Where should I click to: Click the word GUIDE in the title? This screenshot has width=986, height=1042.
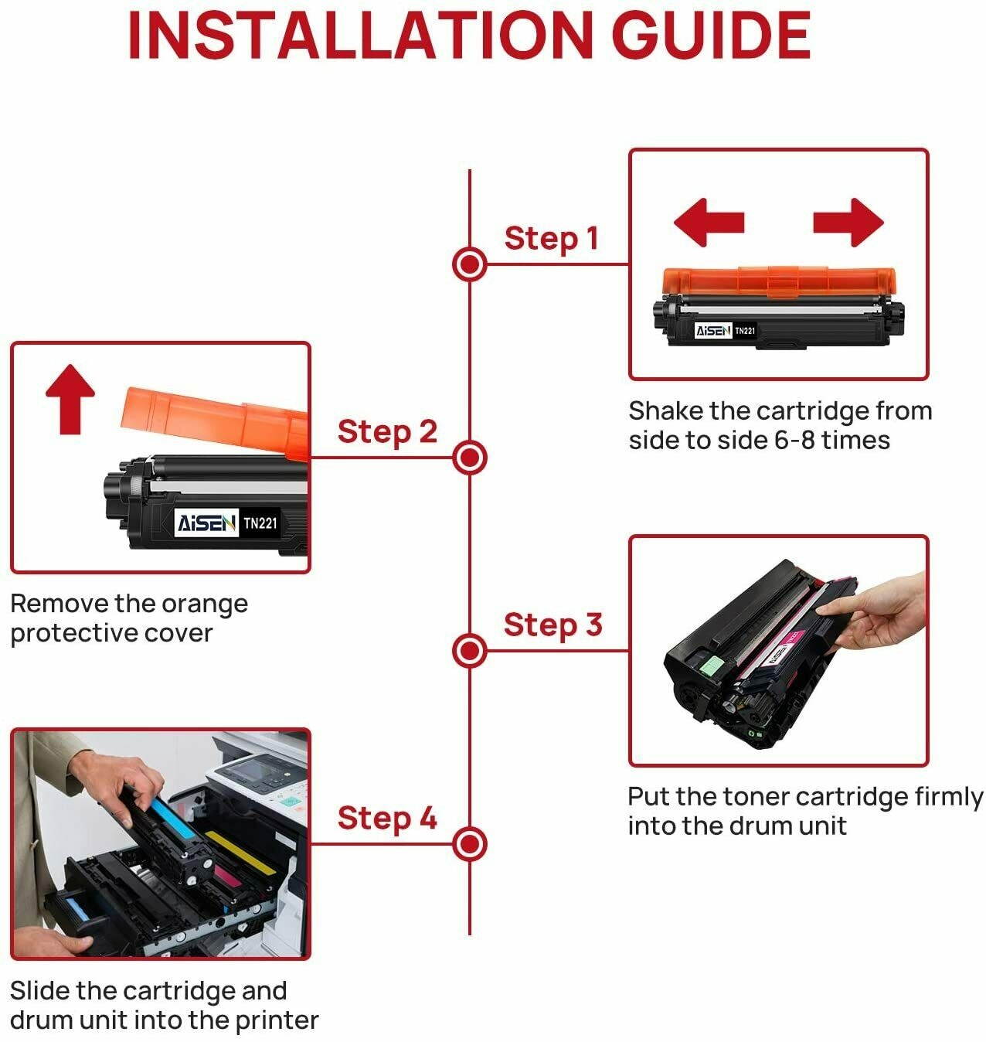(711, 35)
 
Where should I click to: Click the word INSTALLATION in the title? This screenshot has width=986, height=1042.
(360, 35)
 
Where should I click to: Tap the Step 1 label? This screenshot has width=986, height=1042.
(551, 238)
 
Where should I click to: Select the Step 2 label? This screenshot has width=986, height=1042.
(387, 431)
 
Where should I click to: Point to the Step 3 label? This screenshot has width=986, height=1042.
(552, 625)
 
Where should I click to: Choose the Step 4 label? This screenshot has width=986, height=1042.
(387, 818)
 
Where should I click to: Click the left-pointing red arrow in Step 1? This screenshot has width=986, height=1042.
(708, 223)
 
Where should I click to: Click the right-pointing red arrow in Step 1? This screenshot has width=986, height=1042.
(848, 223)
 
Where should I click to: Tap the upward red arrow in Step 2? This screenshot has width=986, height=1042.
(70, 398)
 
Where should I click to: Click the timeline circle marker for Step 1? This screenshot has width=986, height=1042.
(469, 264)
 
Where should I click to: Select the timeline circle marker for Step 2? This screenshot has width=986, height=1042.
(469, 458)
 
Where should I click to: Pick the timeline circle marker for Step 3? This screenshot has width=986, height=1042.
(469, 650)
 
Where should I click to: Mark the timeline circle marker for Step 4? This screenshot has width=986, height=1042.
(469, 843)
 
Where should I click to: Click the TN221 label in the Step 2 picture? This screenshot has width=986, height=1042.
(260, 523)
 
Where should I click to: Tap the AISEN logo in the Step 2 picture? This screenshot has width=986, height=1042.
(206, 523)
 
